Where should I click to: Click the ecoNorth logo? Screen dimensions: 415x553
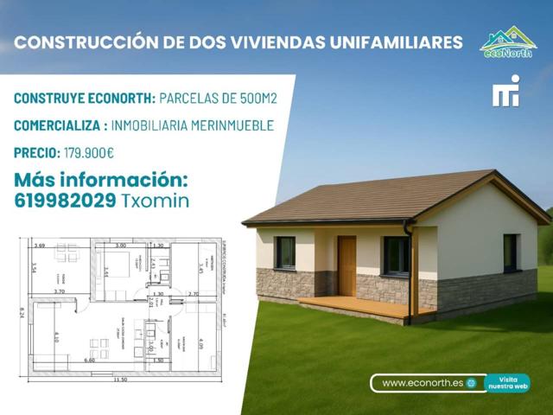tap(508, 41)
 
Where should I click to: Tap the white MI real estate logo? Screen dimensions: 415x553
tap(505, 92)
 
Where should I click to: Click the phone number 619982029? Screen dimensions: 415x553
tap(64, 201)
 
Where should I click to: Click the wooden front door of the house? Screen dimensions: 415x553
tap(346, 265)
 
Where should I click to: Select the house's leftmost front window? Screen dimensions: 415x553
tap(285, 252)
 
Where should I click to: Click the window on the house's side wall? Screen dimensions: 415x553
tap(511, 252)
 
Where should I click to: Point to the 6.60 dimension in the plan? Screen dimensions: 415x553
tap(89, 359)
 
